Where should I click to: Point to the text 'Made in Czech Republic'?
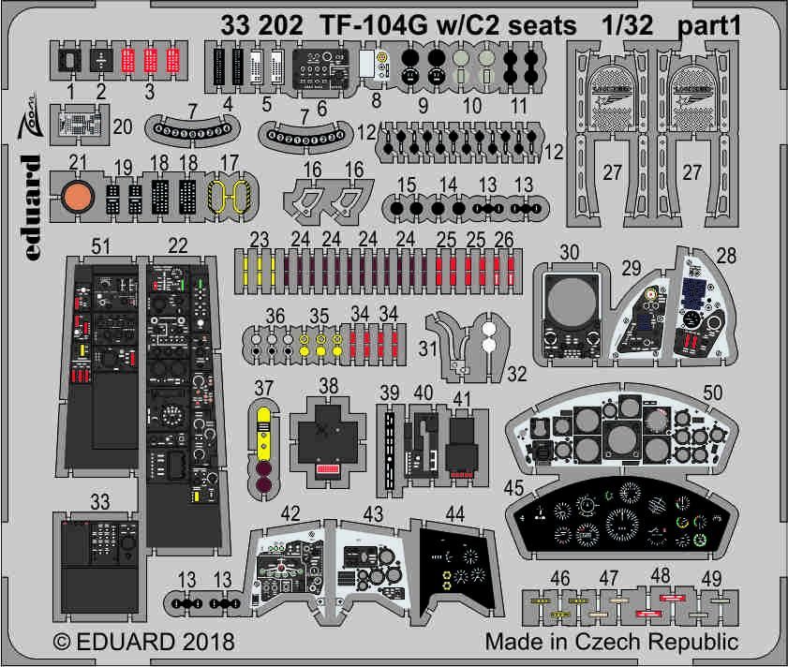tap(612, 643)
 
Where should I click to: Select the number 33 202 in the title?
tap(261, 27)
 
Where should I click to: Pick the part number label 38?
tap(328, 385)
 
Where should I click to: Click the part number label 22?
tap(177, 246)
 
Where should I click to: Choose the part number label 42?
tap(290, 513)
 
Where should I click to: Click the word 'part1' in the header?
tap(710, 27)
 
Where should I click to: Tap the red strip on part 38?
tap(328, 467)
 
